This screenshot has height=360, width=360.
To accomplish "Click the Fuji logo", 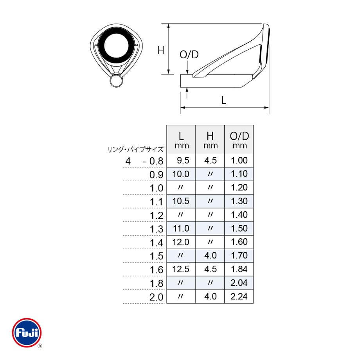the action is [27, 332].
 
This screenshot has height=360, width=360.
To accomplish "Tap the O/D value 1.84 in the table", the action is [239, 269].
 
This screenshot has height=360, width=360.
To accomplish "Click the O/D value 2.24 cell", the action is [239, 296].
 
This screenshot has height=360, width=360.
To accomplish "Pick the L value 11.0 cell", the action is [181, 228].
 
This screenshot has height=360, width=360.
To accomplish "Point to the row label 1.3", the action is [157, 229].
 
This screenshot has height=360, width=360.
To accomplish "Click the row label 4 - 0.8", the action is [144, 161].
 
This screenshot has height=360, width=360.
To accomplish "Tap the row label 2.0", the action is [157, 297].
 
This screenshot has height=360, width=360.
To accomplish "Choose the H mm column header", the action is [210, 140].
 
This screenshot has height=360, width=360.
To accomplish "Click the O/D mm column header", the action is [239, 140].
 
